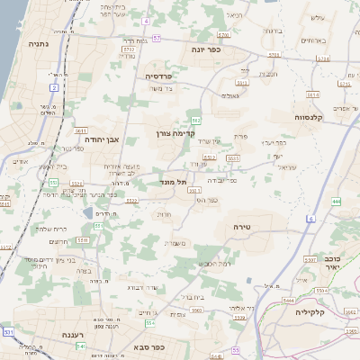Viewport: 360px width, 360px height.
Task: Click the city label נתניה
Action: (x=38, y=43)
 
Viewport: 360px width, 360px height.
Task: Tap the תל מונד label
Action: (x=175, y=183)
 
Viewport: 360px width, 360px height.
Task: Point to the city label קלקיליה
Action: (x=315, y=311)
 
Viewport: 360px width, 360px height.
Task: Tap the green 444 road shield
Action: (x=336, y=202)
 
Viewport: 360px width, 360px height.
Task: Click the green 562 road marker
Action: (x=195, y=120)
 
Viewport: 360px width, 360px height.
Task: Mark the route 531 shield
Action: (x=8, y=332)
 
